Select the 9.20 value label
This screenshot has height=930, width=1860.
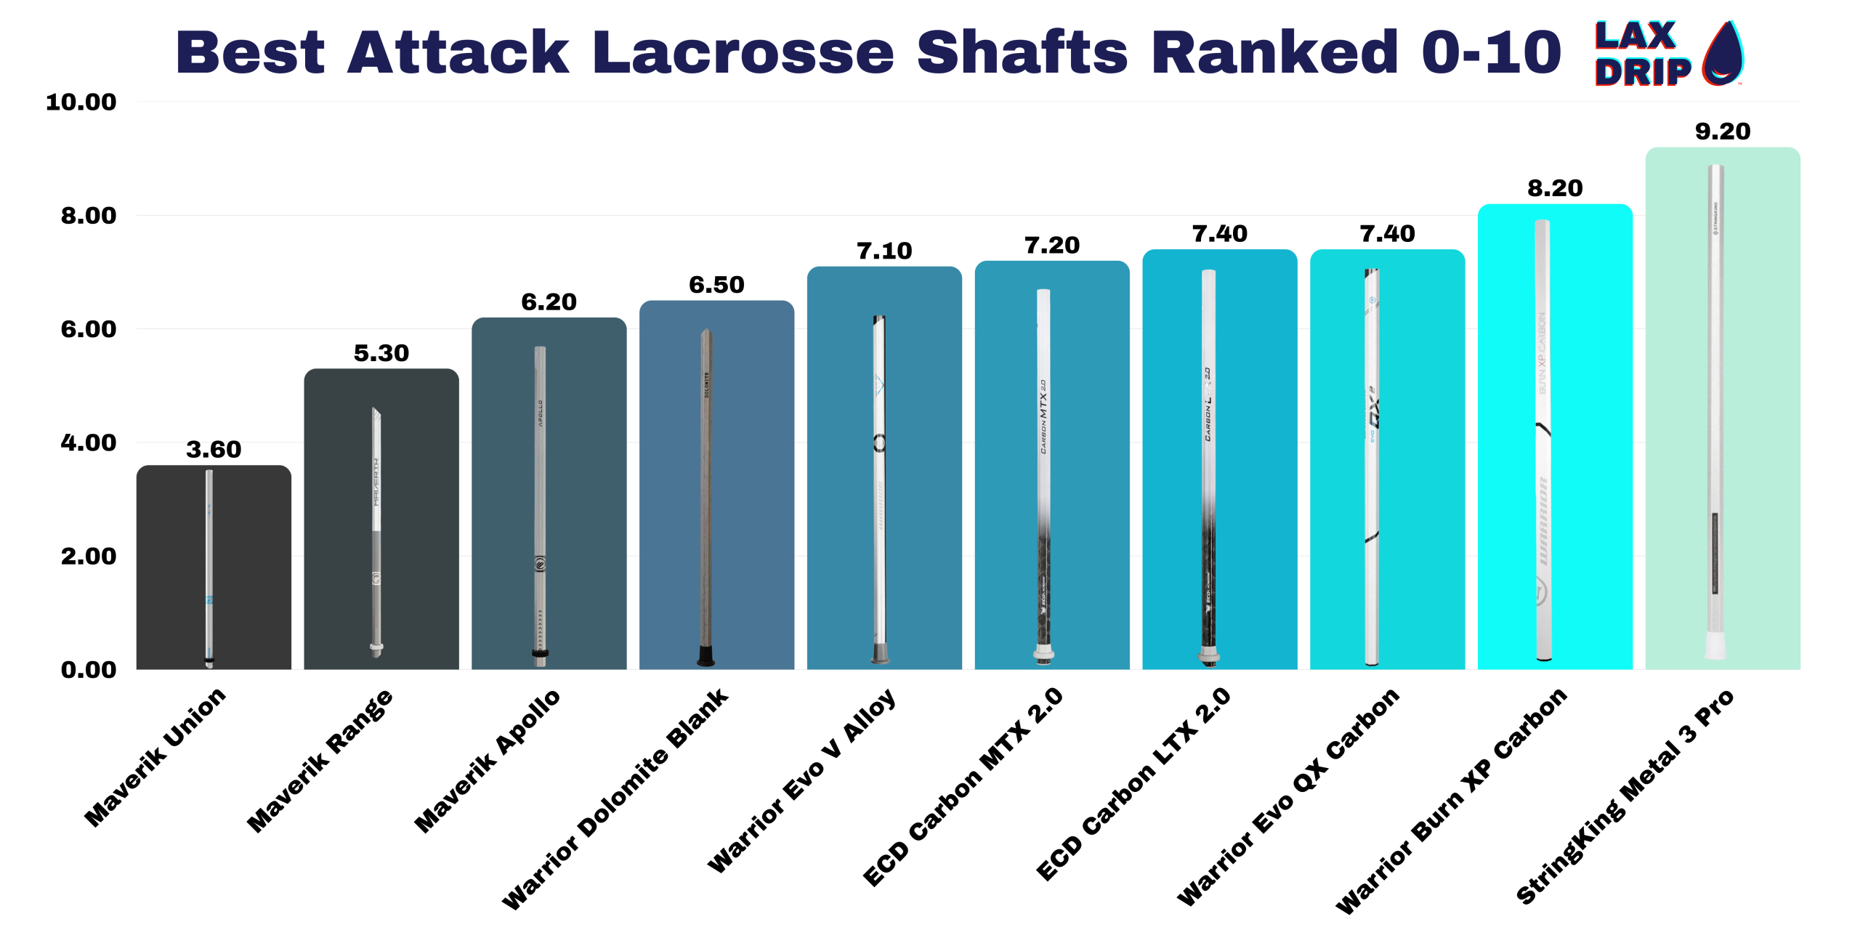pyautogui.click(x=1722, y=132)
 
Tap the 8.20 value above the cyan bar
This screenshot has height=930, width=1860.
pyautogui.click(x=1554, y=188)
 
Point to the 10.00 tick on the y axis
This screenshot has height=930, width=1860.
pyautogui.click(x=81, y=102)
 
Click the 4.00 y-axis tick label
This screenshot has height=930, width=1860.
pyautogui.click(x=88, y=442)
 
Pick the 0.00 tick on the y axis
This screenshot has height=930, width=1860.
pyautogui.click(x=88, y=669)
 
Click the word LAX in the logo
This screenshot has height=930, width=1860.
pyautogui.click(x=1635, y=36)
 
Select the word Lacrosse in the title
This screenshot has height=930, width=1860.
pyautogui.click(x=742, y=52)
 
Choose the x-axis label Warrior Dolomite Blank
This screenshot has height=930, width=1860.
pyautogui.click(x=615, y=798)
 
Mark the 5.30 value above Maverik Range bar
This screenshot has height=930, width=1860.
pyautogui.click(x=381, y=353)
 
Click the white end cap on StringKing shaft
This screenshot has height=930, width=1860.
pyautogui.click(x=1715, y=645)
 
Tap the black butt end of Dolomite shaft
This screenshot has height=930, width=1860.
pyautogui.click(x=705, y=655)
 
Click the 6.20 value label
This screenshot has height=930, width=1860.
pyautogui.click(x=549, y=302)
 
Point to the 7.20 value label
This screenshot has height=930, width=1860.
pyautogui.click(x=1051, y=246)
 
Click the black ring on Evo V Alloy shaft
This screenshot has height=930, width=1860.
pyautogui.click(x=879, y=442)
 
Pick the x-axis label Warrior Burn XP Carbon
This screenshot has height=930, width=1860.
pyautogui.click(x=1451, y=800)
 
